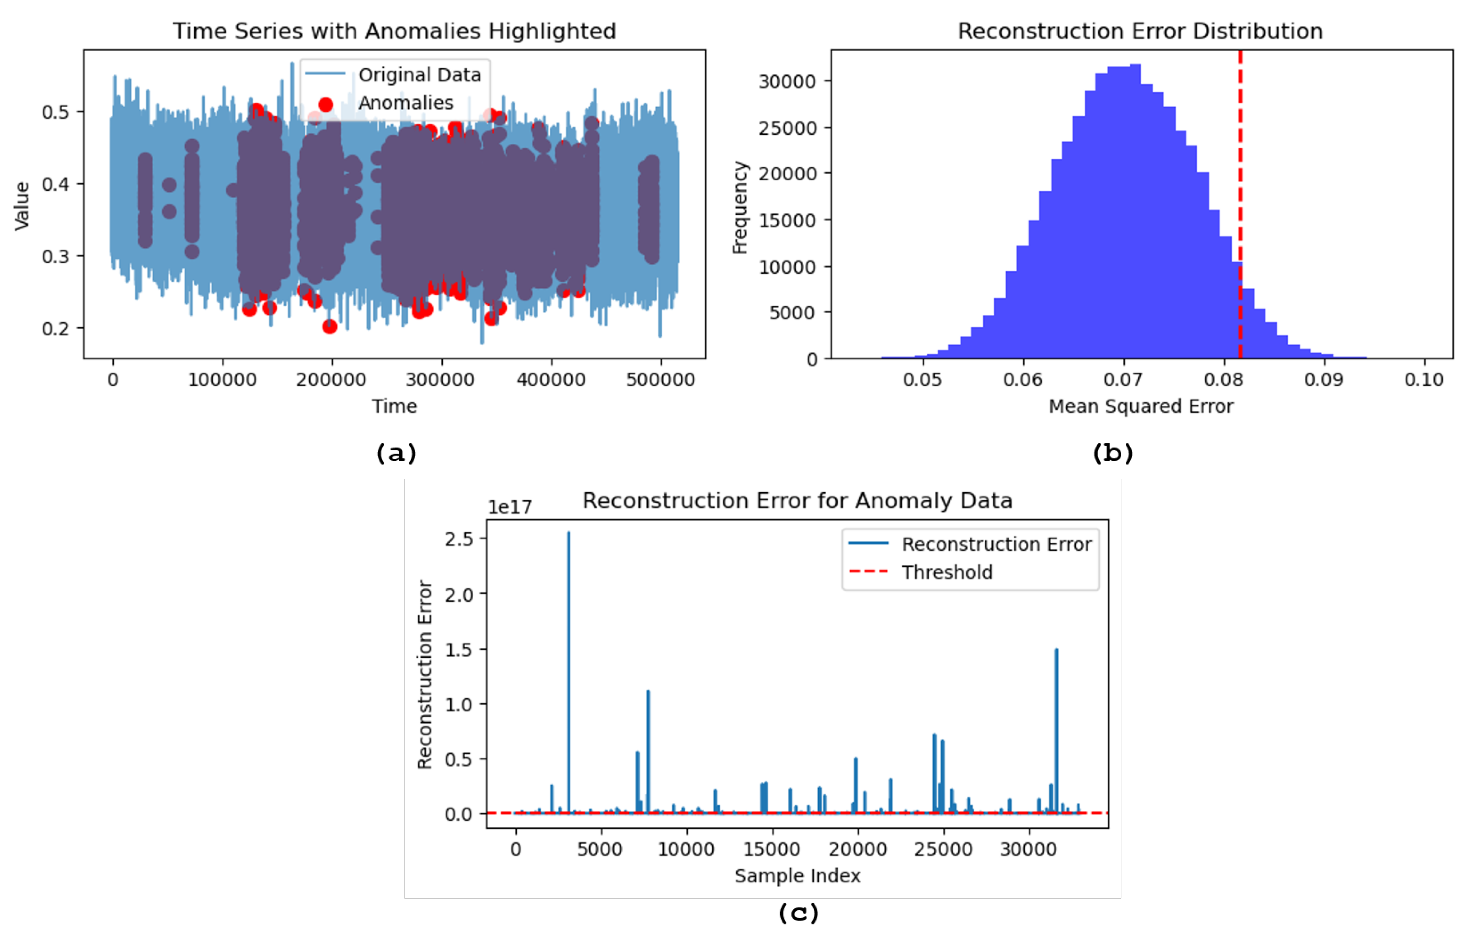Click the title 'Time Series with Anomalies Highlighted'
click(x=394, y=31)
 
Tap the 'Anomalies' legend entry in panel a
click(x=405, y=103)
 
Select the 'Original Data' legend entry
click(x=419, y=75)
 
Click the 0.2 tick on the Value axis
click(x=55, y=329)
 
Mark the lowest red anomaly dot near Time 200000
click(x=329, y=327)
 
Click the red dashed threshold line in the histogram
click(x=1240, y=183)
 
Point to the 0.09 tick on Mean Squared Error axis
click(x=1323, y=380)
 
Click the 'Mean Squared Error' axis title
click(x=1141, y=406)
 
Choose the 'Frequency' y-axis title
click(x=740, y=207)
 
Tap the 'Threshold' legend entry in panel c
click(x=947, y=573)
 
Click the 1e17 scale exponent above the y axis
click(x=509, y=508)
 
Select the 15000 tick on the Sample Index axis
click(x=772, y=849)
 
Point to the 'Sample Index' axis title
click(x=797, y=876)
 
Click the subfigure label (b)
click(x=1113, y=453)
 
